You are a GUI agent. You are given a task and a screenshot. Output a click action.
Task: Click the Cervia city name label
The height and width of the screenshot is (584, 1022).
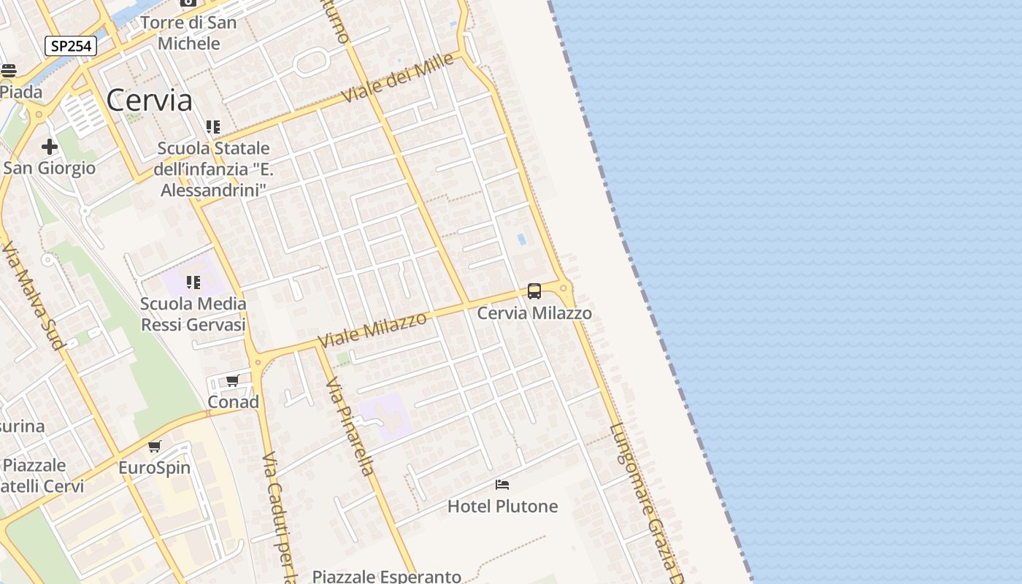(149, 101)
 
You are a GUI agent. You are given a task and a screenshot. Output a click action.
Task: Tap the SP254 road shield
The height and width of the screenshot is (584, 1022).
(71, 46)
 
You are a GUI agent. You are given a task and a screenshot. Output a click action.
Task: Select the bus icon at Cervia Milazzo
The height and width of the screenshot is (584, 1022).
(534, 291)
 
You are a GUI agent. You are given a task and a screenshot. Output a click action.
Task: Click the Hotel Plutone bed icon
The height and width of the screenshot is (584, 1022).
(502, 484)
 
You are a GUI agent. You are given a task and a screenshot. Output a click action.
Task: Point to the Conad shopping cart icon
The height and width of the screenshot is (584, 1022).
(233, 380)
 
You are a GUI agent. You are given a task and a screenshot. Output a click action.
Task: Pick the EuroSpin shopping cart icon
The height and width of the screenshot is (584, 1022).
(154, 446)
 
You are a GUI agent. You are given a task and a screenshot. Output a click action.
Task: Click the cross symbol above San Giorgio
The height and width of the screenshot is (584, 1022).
(50, 147)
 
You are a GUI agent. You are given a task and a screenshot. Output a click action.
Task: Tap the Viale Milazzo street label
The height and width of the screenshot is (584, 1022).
(372, 330)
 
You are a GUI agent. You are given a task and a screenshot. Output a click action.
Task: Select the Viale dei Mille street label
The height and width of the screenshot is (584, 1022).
(398, 78)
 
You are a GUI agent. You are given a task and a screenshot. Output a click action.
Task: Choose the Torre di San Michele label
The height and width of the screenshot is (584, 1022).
(188, 33)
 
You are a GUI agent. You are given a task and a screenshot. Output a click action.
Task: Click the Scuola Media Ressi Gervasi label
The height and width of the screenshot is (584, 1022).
(193, 315)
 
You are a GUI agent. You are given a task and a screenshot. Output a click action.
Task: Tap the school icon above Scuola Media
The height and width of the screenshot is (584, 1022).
(193, 282)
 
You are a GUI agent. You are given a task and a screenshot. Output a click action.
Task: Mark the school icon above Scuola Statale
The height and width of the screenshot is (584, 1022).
(213, 127)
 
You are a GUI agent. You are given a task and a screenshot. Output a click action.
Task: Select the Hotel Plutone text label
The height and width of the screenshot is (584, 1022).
(502, 506)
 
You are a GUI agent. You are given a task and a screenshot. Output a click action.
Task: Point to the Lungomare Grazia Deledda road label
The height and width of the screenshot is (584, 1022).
(647, 504)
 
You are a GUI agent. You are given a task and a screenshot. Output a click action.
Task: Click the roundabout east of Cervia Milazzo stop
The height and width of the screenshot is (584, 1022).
(564, 288)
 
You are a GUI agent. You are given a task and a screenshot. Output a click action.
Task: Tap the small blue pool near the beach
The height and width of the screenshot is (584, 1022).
(521, 239)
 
